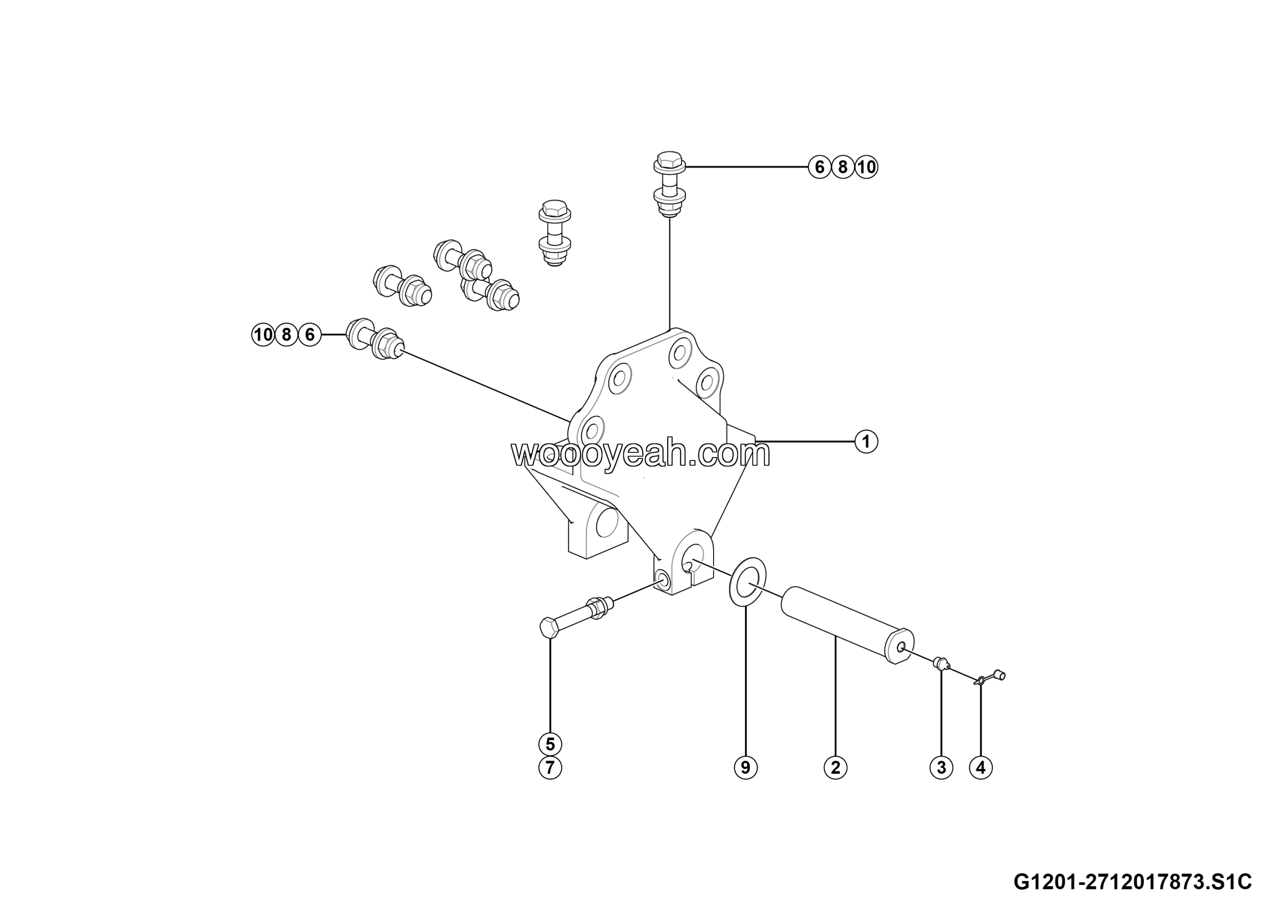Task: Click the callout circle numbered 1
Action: [866, 442]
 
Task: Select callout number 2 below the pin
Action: [835, 768]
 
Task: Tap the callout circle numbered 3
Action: [941, 768]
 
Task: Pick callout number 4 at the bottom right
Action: [981, 768]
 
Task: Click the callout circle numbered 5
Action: [550, 744]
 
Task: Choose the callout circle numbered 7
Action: [550, 768]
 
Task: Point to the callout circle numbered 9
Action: [746, 768]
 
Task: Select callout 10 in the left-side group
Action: [263, 335]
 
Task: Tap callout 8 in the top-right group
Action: [843, 167]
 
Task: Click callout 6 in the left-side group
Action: [310, 335]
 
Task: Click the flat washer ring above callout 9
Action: [748, 581]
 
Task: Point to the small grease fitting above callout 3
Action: [942, 663]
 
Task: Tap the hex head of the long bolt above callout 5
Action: [549, 628]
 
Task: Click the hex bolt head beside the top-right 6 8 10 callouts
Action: [670, 161]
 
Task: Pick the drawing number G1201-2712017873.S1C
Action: [1133, 882]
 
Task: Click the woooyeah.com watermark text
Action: [640, 454]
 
